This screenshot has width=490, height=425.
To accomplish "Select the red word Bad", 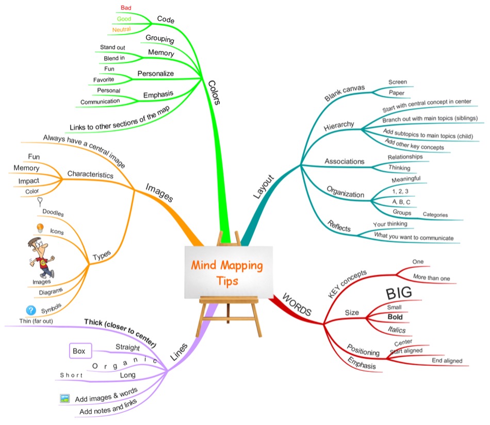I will tap(125, 8).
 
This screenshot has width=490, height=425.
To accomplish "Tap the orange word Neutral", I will tap(121, 30).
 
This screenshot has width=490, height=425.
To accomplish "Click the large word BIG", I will tap(399, 293).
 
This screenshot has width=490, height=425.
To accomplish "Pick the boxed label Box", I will tap(79, 351).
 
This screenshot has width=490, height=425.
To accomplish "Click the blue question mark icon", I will tap(30, 310).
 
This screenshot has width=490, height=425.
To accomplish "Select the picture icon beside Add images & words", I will tap(64, 398).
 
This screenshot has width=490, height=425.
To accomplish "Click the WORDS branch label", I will tap(298, 305).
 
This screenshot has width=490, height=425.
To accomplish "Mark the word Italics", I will tap(397, 330).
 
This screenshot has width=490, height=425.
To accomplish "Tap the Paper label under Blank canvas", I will tap(397, 93).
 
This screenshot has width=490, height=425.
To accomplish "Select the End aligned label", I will tap(447, 361).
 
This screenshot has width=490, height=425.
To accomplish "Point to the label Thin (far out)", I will tap(37, 321).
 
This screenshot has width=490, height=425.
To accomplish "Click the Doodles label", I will tap(53, 211).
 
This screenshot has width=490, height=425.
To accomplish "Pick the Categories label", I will tap(435, 215).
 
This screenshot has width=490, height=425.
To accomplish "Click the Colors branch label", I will tap(215, 92).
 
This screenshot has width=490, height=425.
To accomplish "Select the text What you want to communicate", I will tap(414, 237).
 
